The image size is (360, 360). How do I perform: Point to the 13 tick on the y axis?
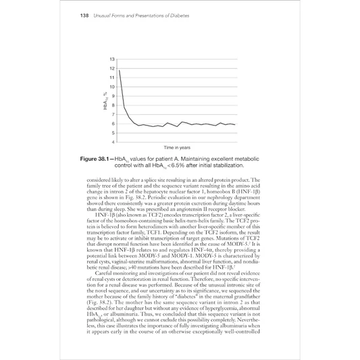(111, 61)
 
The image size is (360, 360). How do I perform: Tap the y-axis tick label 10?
(111, 87)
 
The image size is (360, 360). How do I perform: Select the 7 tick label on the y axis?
(113, 115)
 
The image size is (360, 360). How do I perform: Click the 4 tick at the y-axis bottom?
(113, 142)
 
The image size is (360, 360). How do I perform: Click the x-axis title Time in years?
(177, 147)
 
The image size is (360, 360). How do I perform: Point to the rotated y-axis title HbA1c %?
(105, 101)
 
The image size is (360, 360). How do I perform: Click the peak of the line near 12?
(120, 70)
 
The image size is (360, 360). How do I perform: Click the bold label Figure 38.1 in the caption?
(103, 159)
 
